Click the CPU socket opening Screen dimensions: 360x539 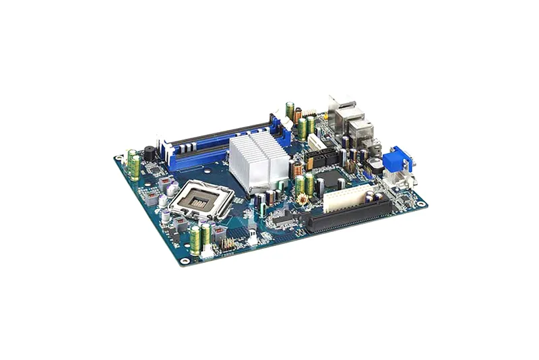(x=200, y=199)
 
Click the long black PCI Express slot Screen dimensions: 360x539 (x=350, y=214)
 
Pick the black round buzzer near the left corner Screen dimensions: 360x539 (x=149, y=154)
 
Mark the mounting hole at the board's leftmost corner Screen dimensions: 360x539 (x=119, y=158)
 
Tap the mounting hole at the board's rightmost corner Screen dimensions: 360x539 (x=421, y=204)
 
